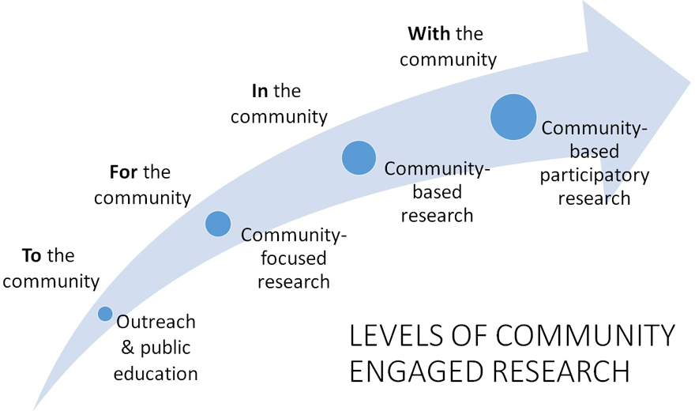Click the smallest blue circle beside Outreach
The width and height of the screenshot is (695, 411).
click(105, 314)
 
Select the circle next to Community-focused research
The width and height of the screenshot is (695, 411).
click(218, 224)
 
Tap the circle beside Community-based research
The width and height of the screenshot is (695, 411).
click(359, 157)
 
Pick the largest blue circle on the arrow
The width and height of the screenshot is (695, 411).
click(513, 117)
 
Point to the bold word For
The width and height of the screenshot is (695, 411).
click(122, 172)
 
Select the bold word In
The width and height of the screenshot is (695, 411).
click(260, 91)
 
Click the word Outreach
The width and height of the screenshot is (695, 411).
click(156, 322)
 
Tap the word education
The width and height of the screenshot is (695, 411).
click(156, 372)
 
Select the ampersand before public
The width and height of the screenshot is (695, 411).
click(126, 347)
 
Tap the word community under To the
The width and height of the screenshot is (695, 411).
click(51, 281)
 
